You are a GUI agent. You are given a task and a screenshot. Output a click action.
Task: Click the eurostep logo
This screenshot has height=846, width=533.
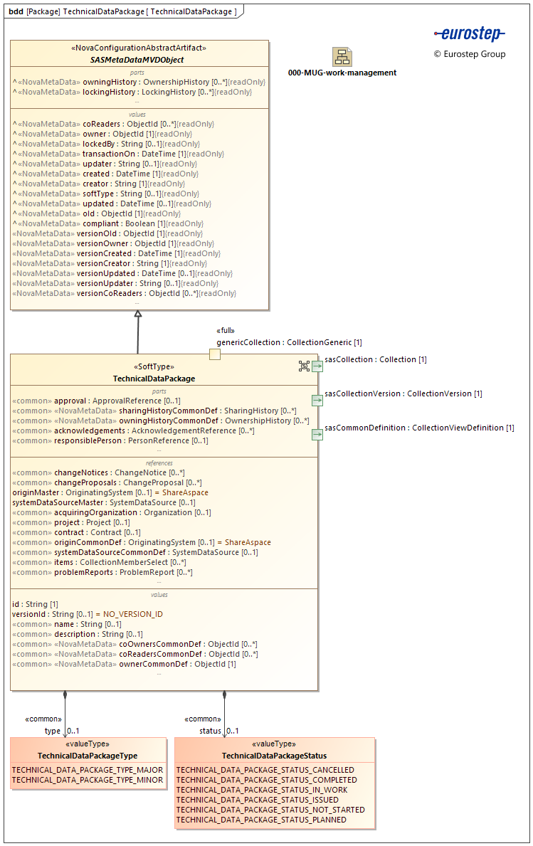(469, 34)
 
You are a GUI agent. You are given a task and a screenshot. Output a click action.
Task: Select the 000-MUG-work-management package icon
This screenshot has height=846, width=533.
(342, 57)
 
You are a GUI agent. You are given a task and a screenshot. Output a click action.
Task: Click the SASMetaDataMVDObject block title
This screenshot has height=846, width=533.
(137, 60)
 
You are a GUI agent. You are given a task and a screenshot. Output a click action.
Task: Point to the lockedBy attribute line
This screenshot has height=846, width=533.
(107, 144)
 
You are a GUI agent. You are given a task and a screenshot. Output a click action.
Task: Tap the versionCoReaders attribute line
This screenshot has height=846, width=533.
(125, 293)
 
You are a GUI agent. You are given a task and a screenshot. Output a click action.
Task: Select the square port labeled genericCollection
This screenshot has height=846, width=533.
(214, 354)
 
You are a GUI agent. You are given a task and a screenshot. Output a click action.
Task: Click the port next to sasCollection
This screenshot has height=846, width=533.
(317, 366)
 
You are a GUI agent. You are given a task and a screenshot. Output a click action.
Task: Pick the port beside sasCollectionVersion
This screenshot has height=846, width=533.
(317, 401)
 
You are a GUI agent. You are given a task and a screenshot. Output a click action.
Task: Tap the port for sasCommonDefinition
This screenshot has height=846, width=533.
(317, 435)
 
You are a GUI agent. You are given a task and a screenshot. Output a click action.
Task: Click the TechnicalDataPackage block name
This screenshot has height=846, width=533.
(154, 379)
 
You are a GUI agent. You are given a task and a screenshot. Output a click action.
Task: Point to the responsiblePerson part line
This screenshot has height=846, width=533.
(110, 440)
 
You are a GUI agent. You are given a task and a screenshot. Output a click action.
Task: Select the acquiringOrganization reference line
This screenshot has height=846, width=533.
(112, 512)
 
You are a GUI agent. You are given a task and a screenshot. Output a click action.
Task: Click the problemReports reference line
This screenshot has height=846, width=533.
(102, 572)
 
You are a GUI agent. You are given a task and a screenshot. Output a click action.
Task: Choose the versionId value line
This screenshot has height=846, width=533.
(88, 614)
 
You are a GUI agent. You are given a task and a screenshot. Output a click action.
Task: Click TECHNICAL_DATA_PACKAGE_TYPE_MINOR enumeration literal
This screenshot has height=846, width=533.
(88, 780)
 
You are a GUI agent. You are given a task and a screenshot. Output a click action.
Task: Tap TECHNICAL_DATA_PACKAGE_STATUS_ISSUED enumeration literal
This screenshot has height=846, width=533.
(257, 800)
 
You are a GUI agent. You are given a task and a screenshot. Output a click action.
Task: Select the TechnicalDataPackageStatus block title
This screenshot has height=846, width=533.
(274, 756)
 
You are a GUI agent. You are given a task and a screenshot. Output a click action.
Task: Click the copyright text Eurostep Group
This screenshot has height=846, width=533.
(470, 54)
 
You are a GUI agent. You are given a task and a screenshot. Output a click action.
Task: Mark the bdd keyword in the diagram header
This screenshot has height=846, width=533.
(16, 12)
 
